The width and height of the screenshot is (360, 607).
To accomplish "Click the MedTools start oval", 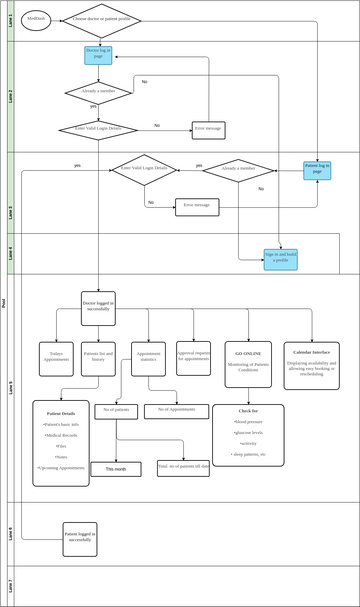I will pyautogui.click(x=35, y=19).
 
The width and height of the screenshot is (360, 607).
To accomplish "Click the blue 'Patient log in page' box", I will pyautogui.click(x=317, y=170).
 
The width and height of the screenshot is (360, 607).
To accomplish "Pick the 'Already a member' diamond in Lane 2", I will pyautogui.click(x=98, y=92).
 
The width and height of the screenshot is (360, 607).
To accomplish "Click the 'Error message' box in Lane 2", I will pyautogui.click(x=208, y=129).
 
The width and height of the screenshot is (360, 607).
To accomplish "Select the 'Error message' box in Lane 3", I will pyautogui.click(x=196, y=207).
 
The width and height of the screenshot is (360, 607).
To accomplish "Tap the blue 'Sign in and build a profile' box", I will pyautogui.click(x=280, y=258).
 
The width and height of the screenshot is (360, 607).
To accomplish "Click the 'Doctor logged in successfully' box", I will pyautogui.click(x=98, y=305).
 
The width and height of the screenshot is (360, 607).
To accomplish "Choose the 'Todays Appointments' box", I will pyautogui.click(x=57, y=358).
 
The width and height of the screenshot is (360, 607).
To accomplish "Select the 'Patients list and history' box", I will pyautogui.click(x=98, y=358).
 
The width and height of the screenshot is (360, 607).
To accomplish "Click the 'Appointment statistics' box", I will pyautogui.click(x=148, y=358).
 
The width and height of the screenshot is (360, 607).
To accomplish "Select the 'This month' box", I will pyautogui.click(x=116, y=468).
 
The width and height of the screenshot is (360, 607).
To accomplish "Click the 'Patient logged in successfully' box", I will pyautogui.click(x=79, y=536).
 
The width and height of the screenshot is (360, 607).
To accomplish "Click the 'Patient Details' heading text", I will pyautogui.click(x=60, y=413).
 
